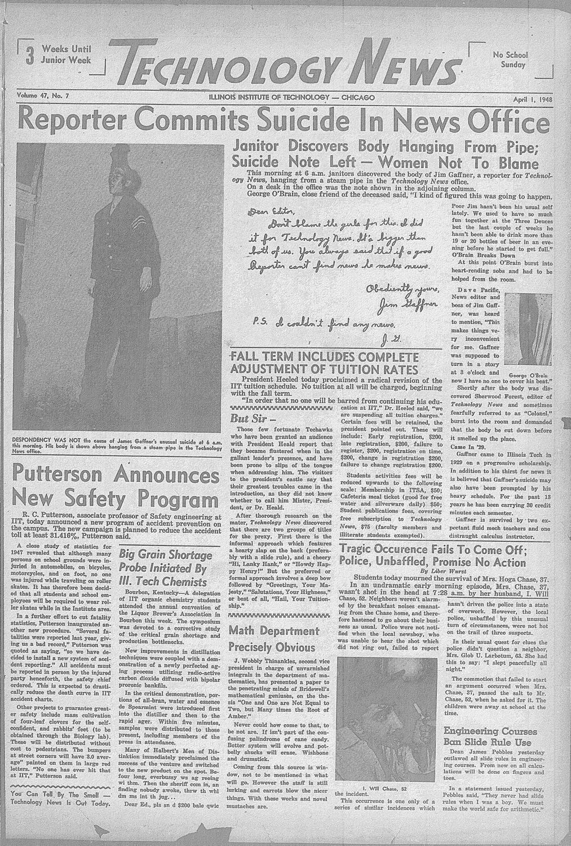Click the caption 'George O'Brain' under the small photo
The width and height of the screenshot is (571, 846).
(x=529, y=374)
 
